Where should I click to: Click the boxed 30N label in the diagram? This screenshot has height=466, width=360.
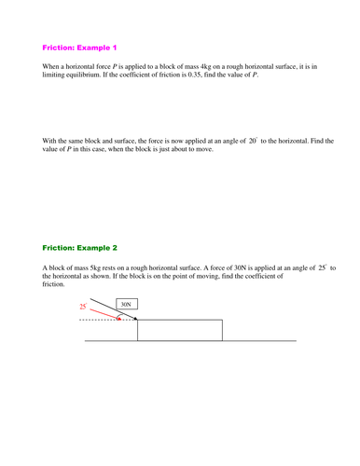[125, 304]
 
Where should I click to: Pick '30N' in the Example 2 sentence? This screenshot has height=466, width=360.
[237, 267]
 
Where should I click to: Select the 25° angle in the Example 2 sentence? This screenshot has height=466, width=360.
[324, 267]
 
